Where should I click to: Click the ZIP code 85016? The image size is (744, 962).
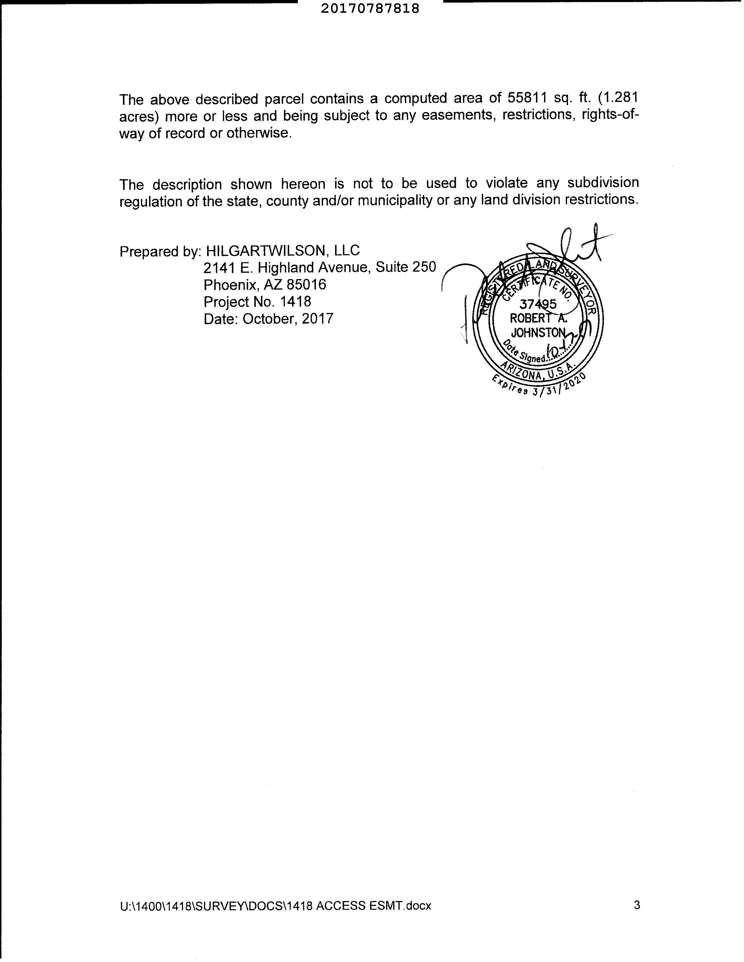pyautogui.click(x=306, y=285)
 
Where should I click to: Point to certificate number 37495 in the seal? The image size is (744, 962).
pyautogui.click(x=538, y=304)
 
